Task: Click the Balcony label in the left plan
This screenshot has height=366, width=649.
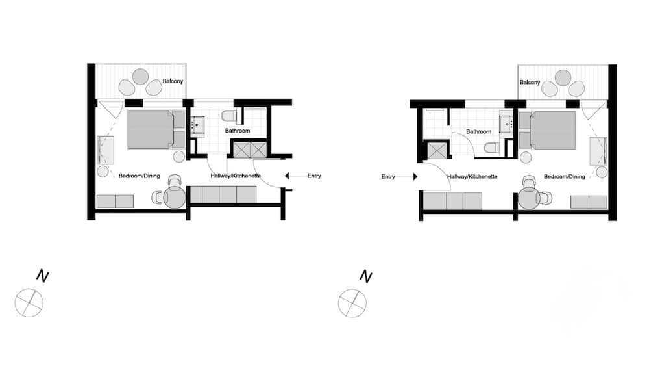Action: [x=173, y=81]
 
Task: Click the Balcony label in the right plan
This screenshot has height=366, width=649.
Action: [x=530, y=83]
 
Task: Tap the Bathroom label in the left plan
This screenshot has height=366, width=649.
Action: [x=238, y=131]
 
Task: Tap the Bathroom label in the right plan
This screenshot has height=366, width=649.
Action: [x=479, y=131]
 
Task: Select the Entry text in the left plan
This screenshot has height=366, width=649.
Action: [x=313, y=176]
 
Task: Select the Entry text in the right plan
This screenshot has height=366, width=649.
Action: [x=388, y=176]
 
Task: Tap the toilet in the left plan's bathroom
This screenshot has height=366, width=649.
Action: [x=228, y=116]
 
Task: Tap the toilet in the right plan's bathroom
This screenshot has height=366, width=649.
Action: [x=491, y=148]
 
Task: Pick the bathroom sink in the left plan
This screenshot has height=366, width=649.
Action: [x=198, y=124]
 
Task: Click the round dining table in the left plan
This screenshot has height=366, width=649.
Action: [x=175, y=198]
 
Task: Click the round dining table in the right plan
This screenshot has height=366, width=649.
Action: [x=530, y=198]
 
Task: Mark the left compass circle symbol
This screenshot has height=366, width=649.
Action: [x=29, y=302]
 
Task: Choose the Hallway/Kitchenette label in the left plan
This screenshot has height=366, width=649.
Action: [x=236, y=176]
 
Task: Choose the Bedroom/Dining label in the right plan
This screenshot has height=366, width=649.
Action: [x=564, y=176]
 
